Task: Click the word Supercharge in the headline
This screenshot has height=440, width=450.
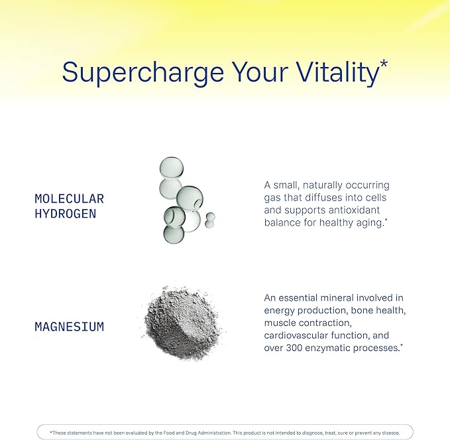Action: [143, 72]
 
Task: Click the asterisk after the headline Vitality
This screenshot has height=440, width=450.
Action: [384, 64]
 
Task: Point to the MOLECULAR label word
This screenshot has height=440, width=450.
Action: [69, 199]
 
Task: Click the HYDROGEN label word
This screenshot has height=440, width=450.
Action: [66, 214]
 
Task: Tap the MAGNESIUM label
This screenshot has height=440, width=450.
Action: [69, 327]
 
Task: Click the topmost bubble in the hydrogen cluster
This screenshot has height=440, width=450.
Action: [172, 167]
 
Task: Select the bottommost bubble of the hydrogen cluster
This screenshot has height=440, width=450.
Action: [174, 234]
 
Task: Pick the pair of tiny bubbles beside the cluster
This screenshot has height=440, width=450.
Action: [210, 220]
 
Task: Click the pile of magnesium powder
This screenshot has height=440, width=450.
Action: [183, 323]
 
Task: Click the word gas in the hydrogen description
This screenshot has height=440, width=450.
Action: [272, 198]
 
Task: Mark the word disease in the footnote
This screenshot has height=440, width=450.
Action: [391, 433]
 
